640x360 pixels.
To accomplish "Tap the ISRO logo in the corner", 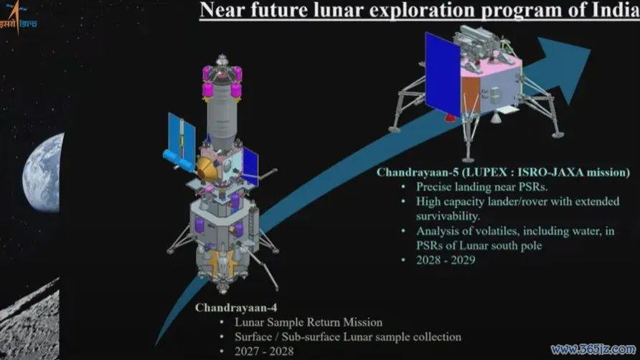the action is [18, 17].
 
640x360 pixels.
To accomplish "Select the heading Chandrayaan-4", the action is [236, 308].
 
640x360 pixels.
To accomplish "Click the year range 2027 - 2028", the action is [264, 351].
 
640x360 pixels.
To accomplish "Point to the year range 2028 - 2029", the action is [446, 260].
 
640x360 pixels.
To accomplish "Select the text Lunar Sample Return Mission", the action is [309, 322].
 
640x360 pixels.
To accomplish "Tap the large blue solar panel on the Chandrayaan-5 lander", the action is [443, 75].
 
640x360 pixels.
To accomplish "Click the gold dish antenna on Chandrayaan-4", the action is [207, 170].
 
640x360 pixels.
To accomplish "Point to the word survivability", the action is [448, 216].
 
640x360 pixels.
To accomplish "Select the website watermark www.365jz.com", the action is [593, 349].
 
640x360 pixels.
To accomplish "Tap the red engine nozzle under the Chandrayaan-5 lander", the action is [449, 118].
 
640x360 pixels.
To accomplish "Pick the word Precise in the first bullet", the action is [434, 186].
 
